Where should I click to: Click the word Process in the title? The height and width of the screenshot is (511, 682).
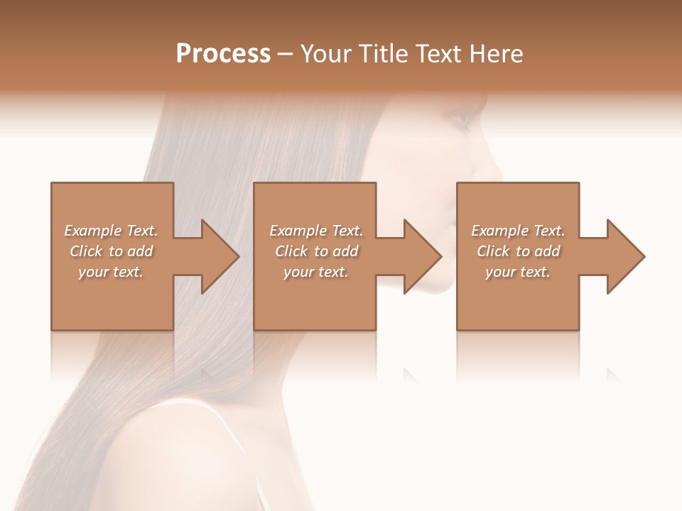pyautogui.click(x=223, y=54)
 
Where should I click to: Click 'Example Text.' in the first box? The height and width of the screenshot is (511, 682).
pyautogui.click(x=111, y=231)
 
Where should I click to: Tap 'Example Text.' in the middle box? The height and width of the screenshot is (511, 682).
pyautogui.click(x=316, y=231)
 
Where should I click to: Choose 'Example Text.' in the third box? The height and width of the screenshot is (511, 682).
pyautogui.click(x=518, y=231)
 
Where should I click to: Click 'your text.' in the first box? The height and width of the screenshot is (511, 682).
pyautogui.click(x=111, y=272)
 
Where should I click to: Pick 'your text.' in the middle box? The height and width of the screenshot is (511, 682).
pyautogui.click(x=316, y=272)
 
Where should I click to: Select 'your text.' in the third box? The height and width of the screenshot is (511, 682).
pyautogui.click(x=518, y=272)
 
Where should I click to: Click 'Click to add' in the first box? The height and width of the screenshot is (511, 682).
pyautogui.click(x=111, y=251)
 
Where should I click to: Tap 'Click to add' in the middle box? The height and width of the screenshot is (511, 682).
pyautogui.click(x=316, y=251)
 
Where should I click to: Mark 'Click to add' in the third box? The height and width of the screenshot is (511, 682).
pyautogui.click(x=518, y=251)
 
